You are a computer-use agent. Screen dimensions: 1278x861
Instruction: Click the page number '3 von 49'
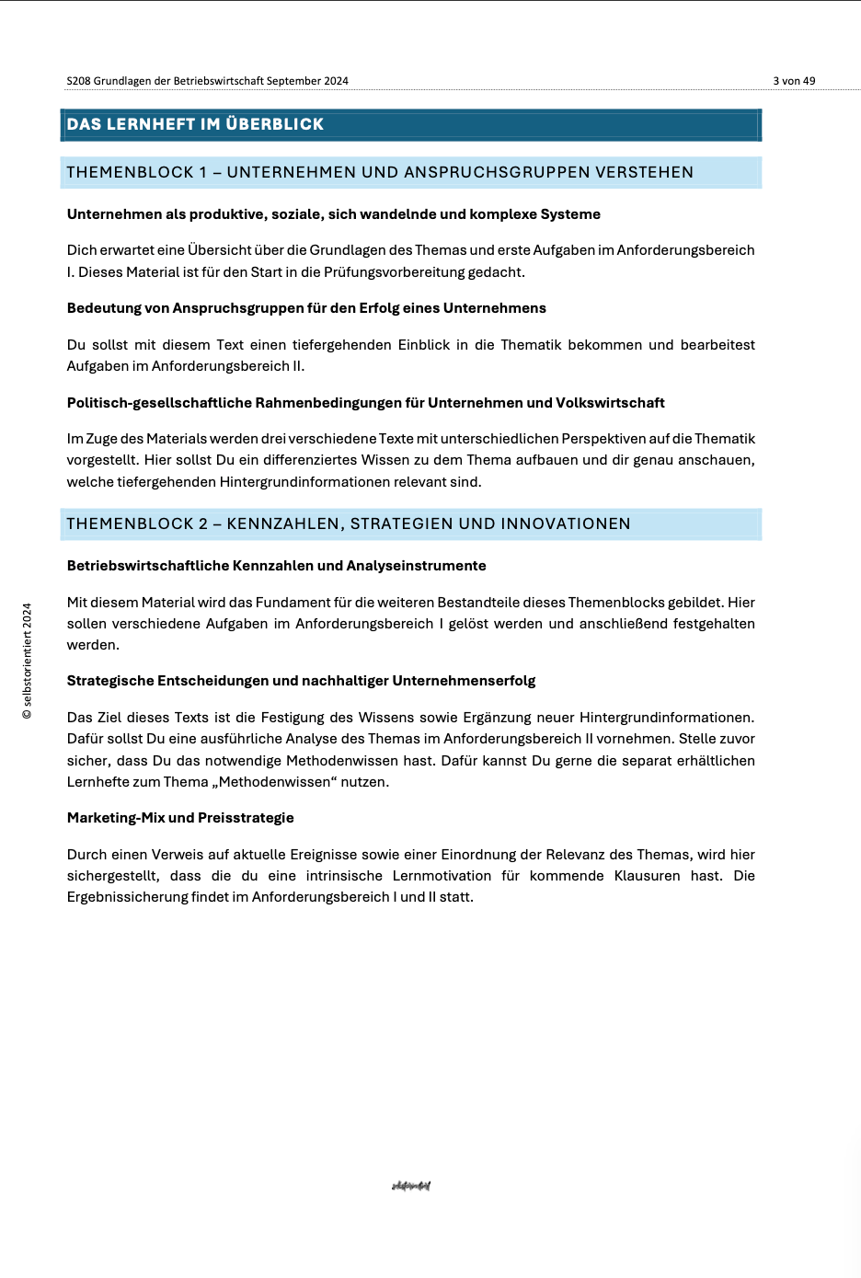coord(794,81)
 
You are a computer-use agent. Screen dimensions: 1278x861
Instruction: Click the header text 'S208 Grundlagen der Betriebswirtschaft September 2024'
coord(207,81)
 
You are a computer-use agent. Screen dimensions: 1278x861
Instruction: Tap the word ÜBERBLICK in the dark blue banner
coord(275,124)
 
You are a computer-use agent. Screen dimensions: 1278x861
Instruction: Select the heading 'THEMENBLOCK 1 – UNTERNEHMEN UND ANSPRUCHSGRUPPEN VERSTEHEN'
coord(380,172)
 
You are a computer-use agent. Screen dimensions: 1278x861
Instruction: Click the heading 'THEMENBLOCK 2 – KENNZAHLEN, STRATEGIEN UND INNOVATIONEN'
coord(349,524)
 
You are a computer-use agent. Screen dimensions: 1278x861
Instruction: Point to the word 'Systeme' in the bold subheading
coord(570,214)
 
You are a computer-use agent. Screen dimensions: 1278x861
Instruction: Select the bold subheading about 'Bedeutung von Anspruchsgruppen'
coord(306,308)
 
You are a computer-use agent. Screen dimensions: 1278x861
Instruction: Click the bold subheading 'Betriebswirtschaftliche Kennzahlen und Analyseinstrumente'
coord(276,566)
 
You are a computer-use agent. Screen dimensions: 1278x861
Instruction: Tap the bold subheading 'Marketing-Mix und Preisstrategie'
coord(180,818)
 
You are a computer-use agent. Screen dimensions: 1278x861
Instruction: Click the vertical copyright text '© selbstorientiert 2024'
coord(28,661)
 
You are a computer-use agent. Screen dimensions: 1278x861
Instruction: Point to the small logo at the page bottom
coord(411,1186)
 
